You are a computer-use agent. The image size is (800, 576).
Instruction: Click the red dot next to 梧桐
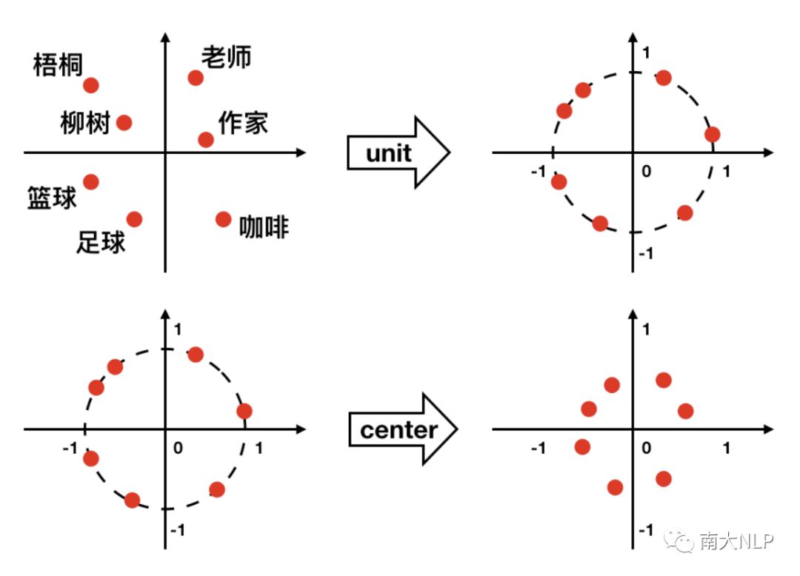91,85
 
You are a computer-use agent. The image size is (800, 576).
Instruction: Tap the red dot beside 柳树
124,123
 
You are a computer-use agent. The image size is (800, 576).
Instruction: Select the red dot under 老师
196,78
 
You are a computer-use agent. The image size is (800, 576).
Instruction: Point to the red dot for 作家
206,139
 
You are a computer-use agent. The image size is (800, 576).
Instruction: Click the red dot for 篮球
91,181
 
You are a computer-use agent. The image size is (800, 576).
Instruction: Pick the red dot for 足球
134,219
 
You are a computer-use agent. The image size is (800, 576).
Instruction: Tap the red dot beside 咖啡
223,219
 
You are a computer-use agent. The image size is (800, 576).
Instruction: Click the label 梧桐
57,65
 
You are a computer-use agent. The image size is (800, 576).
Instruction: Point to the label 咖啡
264,227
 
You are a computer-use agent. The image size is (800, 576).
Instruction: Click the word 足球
101,242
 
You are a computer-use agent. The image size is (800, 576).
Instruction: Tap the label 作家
244,123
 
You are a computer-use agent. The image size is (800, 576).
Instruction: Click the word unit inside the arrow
388,153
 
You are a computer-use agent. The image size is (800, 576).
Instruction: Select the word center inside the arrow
398,429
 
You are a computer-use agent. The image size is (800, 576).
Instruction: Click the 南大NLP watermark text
737,542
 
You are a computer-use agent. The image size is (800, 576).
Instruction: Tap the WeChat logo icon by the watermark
681,542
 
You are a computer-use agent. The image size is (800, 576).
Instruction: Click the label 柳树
84,123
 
